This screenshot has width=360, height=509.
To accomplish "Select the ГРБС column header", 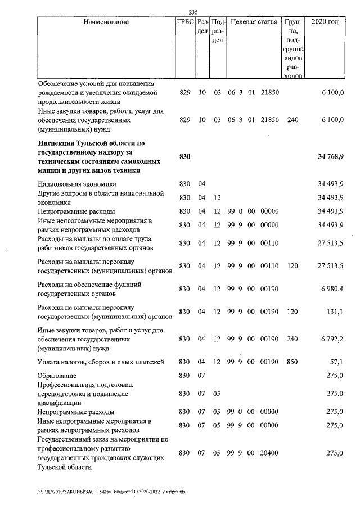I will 184,22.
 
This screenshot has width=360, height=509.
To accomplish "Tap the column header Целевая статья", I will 254,22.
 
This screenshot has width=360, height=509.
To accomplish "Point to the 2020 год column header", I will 325,22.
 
